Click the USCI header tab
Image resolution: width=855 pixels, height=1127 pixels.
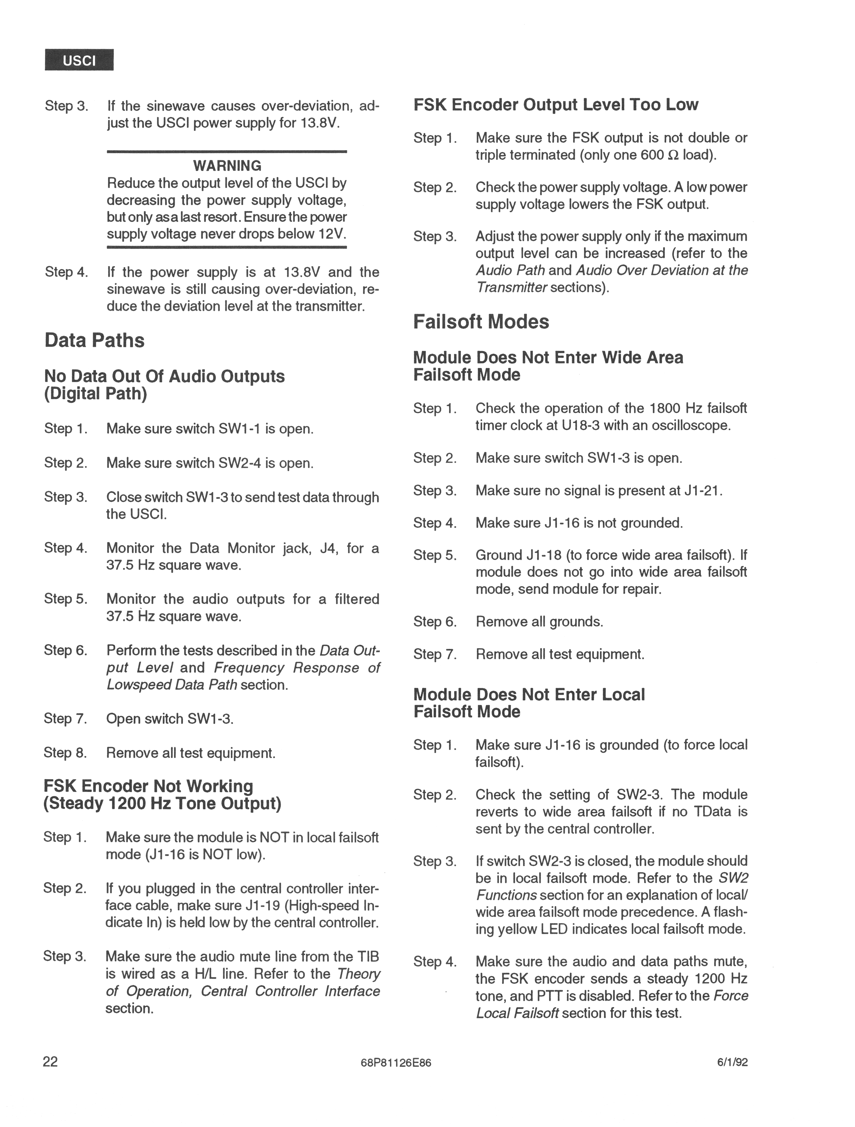pyautogui.click(x=79, y=60)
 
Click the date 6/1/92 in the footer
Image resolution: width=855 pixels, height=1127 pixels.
pyautogui.click(x=732, y=1062)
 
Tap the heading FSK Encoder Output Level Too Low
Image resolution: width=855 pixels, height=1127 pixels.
pyautogui.click(x=556, y=104)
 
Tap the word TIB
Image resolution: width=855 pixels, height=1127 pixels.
pyautogui.click(x=368, y=956)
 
